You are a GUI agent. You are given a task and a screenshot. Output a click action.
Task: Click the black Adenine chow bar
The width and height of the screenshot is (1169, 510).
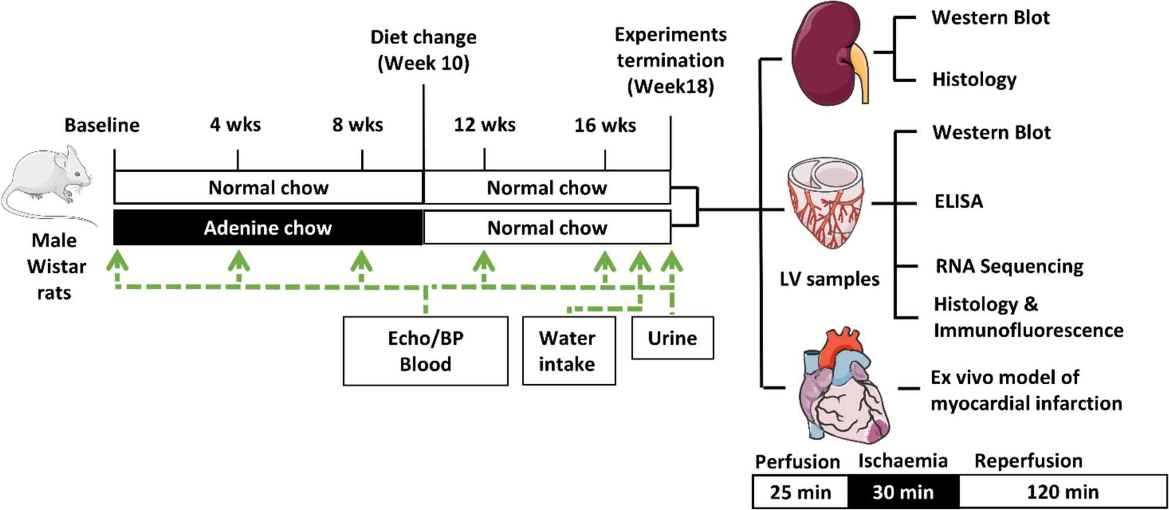click(x=268, y=227)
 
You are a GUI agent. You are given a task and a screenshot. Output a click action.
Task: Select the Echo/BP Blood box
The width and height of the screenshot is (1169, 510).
click(x=425, y=351)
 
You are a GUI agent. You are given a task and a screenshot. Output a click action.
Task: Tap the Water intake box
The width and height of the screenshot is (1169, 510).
click(x=569, y=351)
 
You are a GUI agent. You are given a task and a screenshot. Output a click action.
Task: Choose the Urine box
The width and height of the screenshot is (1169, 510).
click(x=673, y=338)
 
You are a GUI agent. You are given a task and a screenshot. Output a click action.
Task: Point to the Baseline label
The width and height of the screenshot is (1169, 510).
click(x=102, y=125)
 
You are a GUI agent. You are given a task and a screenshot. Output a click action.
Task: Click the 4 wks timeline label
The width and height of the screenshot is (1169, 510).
click(x=236, y=125)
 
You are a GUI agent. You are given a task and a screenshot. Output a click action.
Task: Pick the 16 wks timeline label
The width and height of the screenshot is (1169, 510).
click(x=605, y=125)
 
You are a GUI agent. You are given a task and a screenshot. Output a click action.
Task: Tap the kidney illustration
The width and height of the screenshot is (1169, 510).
click(x=829, y=53)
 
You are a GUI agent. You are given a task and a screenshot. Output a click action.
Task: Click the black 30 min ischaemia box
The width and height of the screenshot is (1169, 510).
click(x=903, y=492)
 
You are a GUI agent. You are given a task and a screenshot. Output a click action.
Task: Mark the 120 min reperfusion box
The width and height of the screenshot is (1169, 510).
click(x=1063, y=492)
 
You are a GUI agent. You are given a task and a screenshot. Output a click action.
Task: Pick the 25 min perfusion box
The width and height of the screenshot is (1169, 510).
click(x=800, y=492)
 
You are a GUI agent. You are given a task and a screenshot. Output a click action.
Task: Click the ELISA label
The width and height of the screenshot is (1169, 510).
click(x=959, y=202)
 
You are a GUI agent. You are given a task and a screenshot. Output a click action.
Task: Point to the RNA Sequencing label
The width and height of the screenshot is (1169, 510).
click(x=1009, y=266)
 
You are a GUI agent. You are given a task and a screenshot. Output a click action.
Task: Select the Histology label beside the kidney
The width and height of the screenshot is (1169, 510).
click(x=974, y=79)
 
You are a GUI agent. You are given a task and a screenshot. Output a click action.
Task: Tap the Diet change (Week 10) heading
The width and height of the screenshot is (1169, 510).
click(x=423, y=50)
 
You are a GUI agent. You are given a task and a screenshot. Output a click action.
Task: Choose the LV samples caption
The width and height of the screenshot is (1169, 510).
click(x=829, y=279)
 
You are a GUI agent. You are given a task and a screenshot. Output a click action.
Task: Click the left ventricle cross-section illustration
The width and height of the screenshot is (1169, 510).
click(x=826, y=203)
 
